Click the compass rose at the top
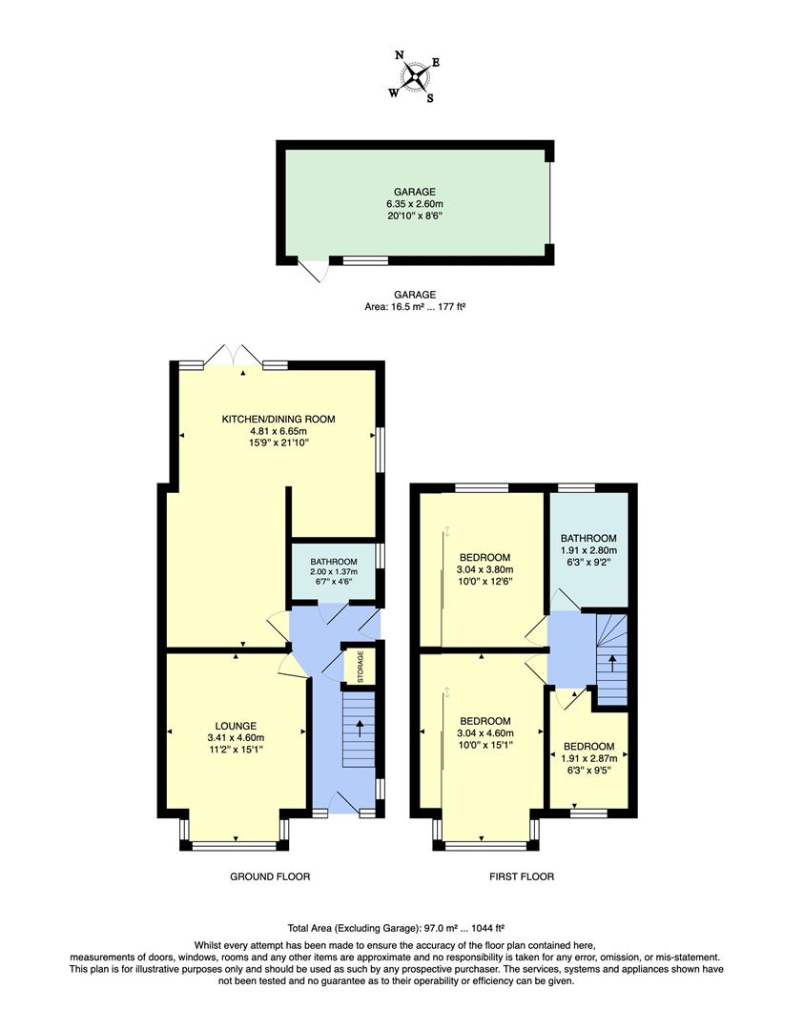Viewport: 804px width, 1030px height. click(414, 76)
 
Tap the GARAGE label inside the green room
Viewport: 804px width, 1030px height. click(413, 192)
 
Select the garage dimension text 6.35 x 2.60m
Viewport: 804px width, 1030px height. click(413, 204)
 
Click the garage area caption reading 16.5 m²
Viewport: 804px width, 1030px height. click(413, 307)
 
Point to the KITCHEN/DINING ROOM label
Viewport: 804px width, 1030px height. click(278, 419)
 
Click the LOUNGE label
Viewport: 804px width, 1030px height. click(236, 726)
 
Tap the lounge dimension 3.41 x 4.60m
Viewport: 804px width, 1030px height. click(236, 737)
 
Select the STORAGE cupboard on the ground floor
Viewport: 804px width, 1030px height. click(360, 666)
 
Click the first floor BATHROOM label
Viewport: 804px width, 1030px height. click(588, 538)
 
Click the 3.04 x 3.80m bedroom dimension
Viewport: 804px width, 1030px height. click(484, 570)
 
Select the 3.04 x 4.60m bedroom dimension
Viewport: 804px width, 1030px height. click(484, 733)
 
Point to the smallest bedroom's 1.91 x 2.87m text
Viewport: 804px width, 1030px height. click(588, 759)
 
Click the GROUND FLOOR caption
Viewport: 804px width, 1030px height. click(270, 876)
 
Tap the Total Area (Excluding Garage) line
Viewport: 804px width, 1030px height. click(395, 927)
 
